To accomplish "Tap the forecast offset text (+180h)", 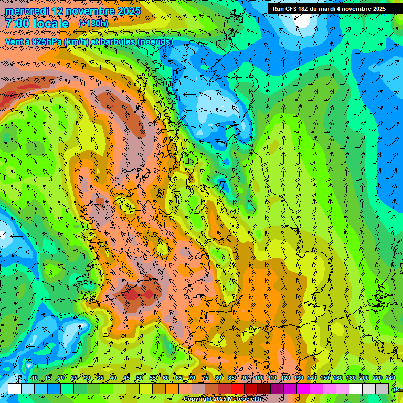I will coord(93,24).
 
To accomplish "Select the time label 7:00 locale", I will coord(37,24).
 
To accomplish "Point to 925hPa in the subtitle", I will coord(46,41).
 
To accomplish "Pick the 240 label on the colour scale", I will coord(390,378).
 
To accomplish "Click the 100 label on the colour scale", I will coord(259,378).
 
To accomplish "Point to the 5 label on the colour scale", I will coord(20,378).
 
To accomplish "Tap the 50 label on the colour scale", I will coord(140,378).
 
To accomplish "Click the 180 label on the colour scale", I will coord(351,378).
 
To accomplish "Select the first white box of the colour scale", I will coord(15,388).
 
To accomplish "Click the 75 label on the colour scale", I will coord(205,378).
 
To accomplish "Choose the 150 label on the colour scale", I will coord(324,378).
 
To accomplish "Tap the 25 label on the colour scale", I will coord(74,378).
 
